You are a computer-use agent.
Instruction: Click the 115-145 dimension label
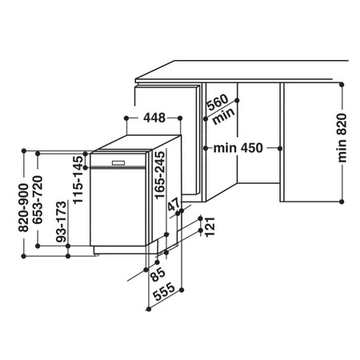[x=78, y=182]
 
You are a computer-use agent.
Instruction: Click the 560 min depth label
[x=217, y=109]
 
